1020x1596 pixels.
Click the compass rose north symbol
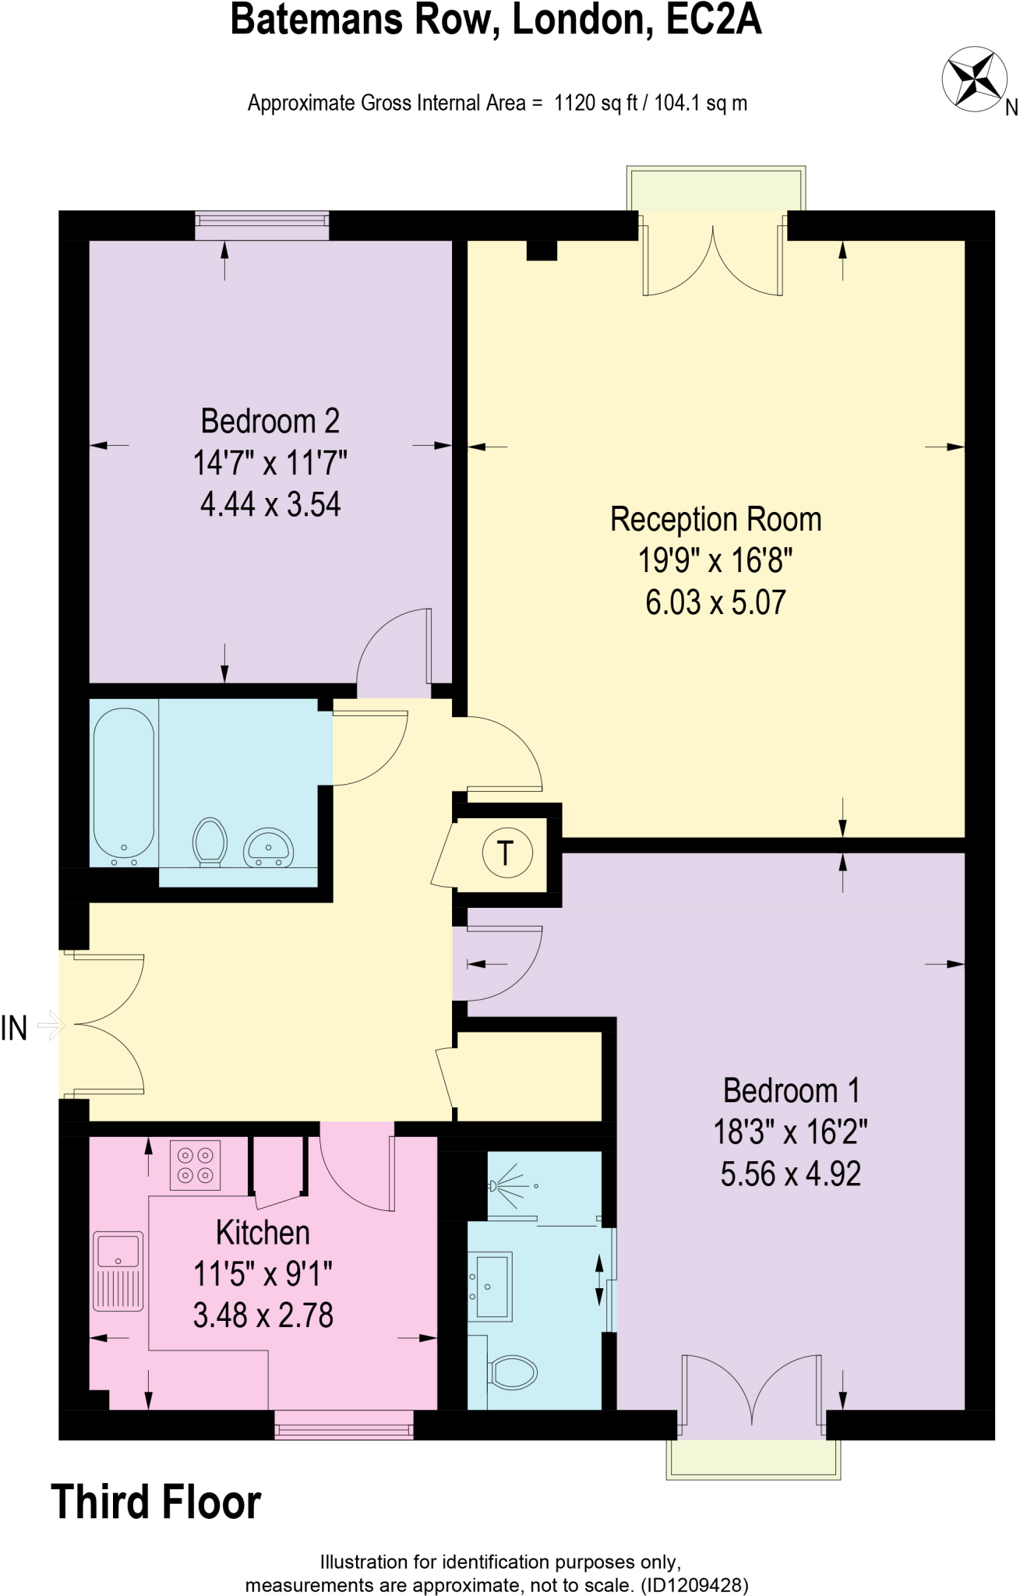point(972,79)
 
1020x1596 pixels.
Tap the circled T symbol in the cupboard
point(506,853)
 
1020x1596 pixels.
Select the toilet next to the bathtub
point(210,841)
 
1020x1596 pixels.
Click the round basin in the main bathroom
point(269,848)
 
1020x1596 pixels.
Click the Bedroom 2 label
point(270,422)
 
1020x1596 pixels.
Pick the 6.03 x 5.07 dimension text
point(715,602)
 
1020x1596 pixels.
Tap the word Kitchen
point(263,1233)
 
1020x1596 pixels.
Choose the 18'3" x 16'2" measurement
point(790,1132)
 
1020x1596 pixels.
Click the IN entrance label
point(14,1028)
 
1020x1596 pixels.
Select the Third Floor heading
point(156,1502)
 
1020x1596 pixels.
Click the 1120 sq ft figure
point(595,103)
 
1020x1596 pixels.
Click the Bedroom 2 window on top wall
point(261,226)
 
